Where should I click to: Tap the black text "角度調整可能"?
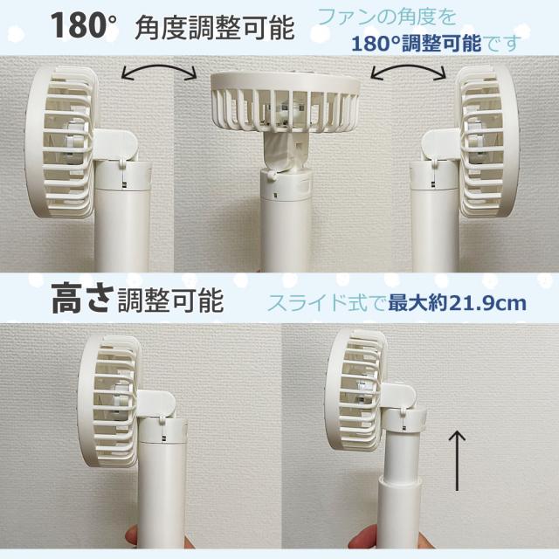click(x=214, y=29)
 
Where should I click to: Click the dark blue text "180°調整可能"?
click(x=411, y=42)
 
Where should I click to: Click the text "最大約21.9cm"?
click(x=457, y=303)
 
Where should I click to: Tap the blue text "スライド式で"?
click(x=328, y=304)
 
